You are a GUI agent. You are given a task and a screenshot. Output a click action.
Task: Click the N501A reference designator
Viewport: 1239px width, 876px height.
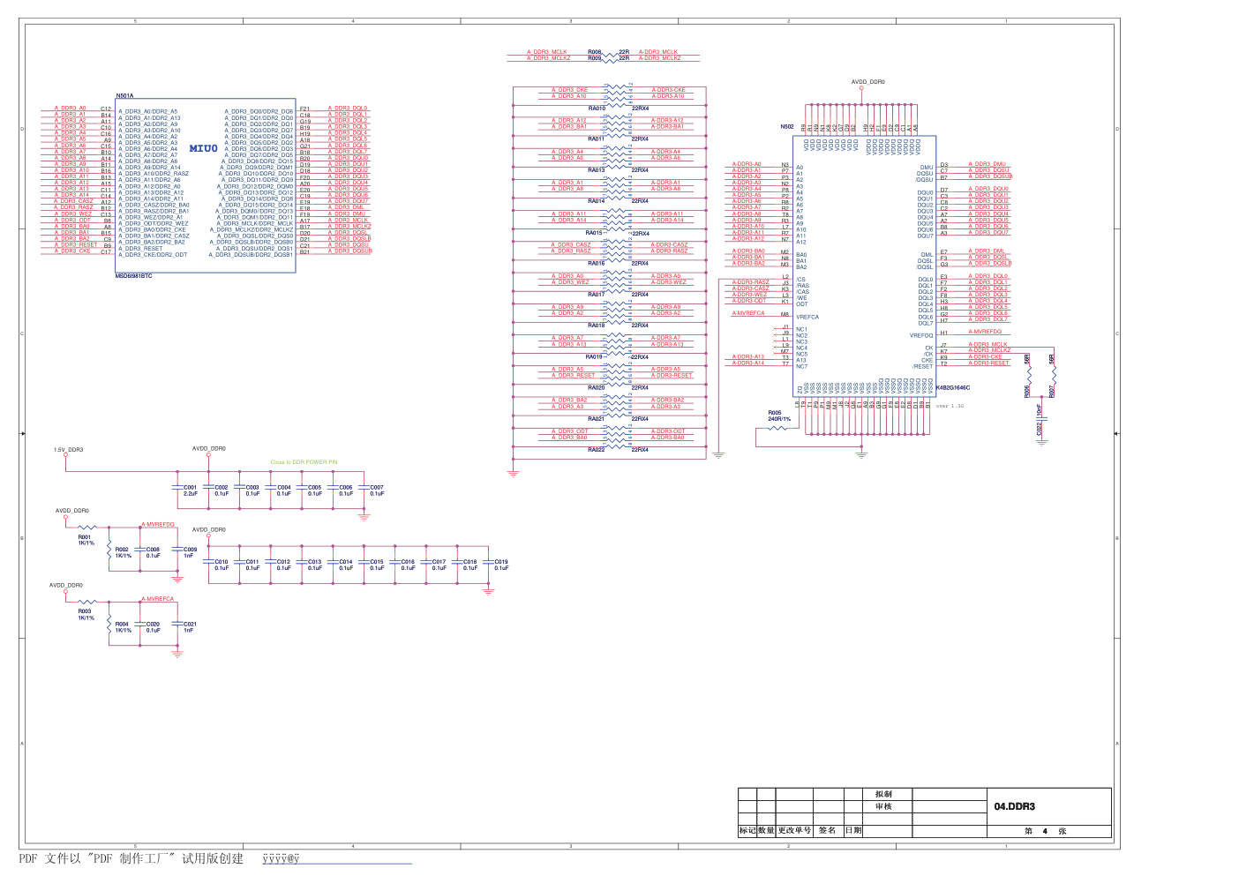[125, 95]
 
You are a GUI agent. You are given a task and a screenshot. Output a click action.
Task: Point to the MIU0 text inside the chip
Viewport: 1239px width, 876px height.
[203, 148]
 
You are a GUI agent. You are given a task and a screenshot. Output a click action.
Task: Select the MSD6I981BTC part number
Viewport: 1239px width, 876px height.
[134, 276]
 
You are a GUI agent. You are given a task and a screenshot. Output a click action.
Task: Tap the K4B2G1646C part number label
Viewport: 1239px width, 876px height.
[953, 387]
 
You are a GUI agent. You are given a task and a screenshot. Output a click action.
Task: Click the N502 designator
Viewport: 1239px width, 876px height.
[786, 127]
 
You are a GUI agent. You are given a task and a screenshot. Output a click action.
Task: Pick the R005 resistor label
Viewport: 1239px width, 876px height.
[774, 413]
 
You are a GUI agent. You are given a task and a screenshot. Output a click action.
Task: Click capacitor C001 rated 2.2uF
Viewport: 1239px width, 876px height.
[190, 487]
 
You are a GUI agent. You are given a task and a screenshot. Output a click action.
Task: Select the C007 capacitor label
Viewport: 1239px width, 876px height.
[377, 487]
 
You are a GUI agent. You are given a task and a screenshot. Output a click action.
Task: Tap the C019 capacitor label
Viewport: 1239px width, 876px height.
[501, 562]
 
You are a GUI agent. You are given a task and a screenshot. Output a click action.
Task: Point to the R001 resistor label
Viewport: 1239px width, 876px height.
[85, 537]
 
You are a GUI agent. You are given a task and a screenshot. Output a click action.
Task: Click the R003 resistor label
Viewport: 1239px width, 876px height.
[85, 611]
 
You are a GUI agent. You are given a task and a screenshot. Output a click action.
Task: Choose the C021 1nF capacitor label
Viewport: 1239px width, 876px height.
[190, 624]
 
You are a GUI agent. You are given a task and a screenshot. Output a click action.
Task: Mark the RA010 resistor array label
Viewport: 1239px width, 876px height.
[597, 109]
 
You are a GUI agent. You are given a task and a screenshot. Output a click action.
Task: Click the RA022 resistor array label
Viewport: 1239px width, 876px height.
[597, 450]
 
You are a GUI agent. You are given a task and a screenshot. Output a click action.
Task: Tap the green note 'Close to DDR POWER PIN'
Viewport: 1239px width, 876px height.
[304, 462]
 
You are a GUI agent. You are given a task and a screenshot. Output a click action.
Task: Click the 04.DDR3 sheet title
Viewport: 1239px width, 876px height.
[1014, 806]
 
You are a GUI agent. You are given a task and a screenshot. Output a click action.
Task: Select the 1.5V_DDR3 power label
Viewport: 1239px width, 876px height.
[68, 450]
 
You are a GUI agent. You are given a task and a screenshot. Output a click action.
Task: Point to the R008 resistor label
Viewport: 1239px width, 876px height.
[595, 52]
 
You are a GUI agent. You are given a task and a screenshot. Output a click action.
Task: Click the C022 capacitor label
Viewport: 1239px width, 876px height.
[1040, 428]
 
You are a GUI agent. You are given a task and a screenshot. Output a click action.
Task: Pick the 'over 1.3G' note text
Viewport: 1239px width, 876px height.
[950, 406]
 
